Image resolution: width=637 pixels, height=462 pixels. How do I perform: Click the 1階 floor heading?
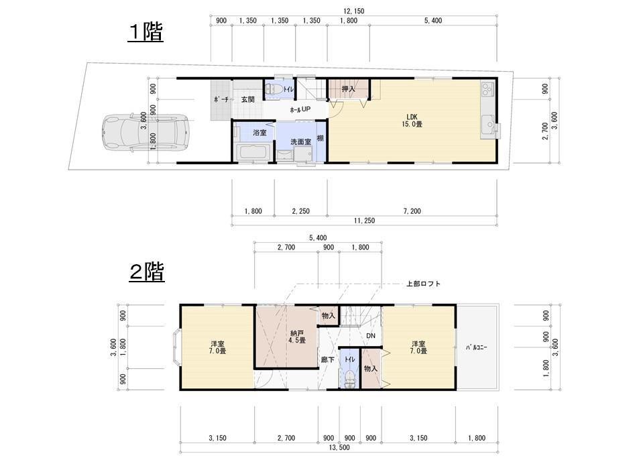(146, 32)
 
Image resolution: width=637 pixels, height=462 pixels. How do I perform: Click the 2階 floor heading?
(146, 272)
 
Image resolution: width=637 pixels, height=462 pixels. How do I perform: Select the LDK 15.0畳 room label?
(411, 119)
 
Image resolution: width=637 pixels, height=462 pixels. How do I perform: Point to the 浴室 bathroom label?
(259, 133)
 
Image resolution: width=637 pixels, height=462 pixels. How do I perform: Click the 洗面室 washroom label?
(300, 141)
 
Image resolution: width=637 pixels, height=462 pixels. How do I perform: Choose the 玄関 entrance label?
(247, 99)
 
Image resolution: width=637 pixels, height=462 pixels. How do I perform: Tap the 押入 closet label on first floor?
(347, 89)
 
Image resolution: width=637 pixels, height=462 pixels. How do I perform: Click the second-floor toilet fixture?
(349, 376)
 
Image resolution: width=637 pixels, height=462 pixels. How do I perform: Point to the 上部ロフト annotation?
(423, 284)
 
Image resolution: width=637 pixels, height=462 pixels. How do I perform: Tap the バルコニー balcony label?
(476, 347)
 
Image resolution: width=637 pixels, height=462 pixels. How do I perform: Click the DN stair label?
(370, 336)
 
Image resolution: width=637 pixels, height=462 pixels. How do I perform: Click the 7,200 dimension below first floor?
(412, 211)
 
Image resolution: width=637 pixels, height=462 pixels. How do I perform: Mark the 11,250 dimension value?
(365, 221)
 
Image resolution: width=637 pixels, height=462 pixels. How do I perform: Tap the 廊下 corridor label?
(327, 359)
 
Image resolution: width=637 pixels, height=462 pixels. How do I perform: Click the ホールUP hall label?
(300, 109)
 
